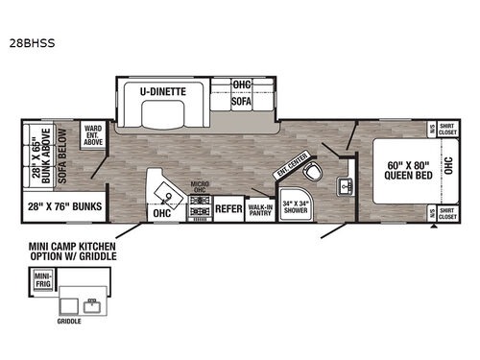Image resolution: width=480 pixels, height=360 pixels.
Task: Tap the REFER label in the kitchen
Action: [x=228, y=206]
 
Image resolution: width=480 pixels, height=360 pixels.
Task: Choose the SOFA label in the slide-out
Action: [x=241, y=99]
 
